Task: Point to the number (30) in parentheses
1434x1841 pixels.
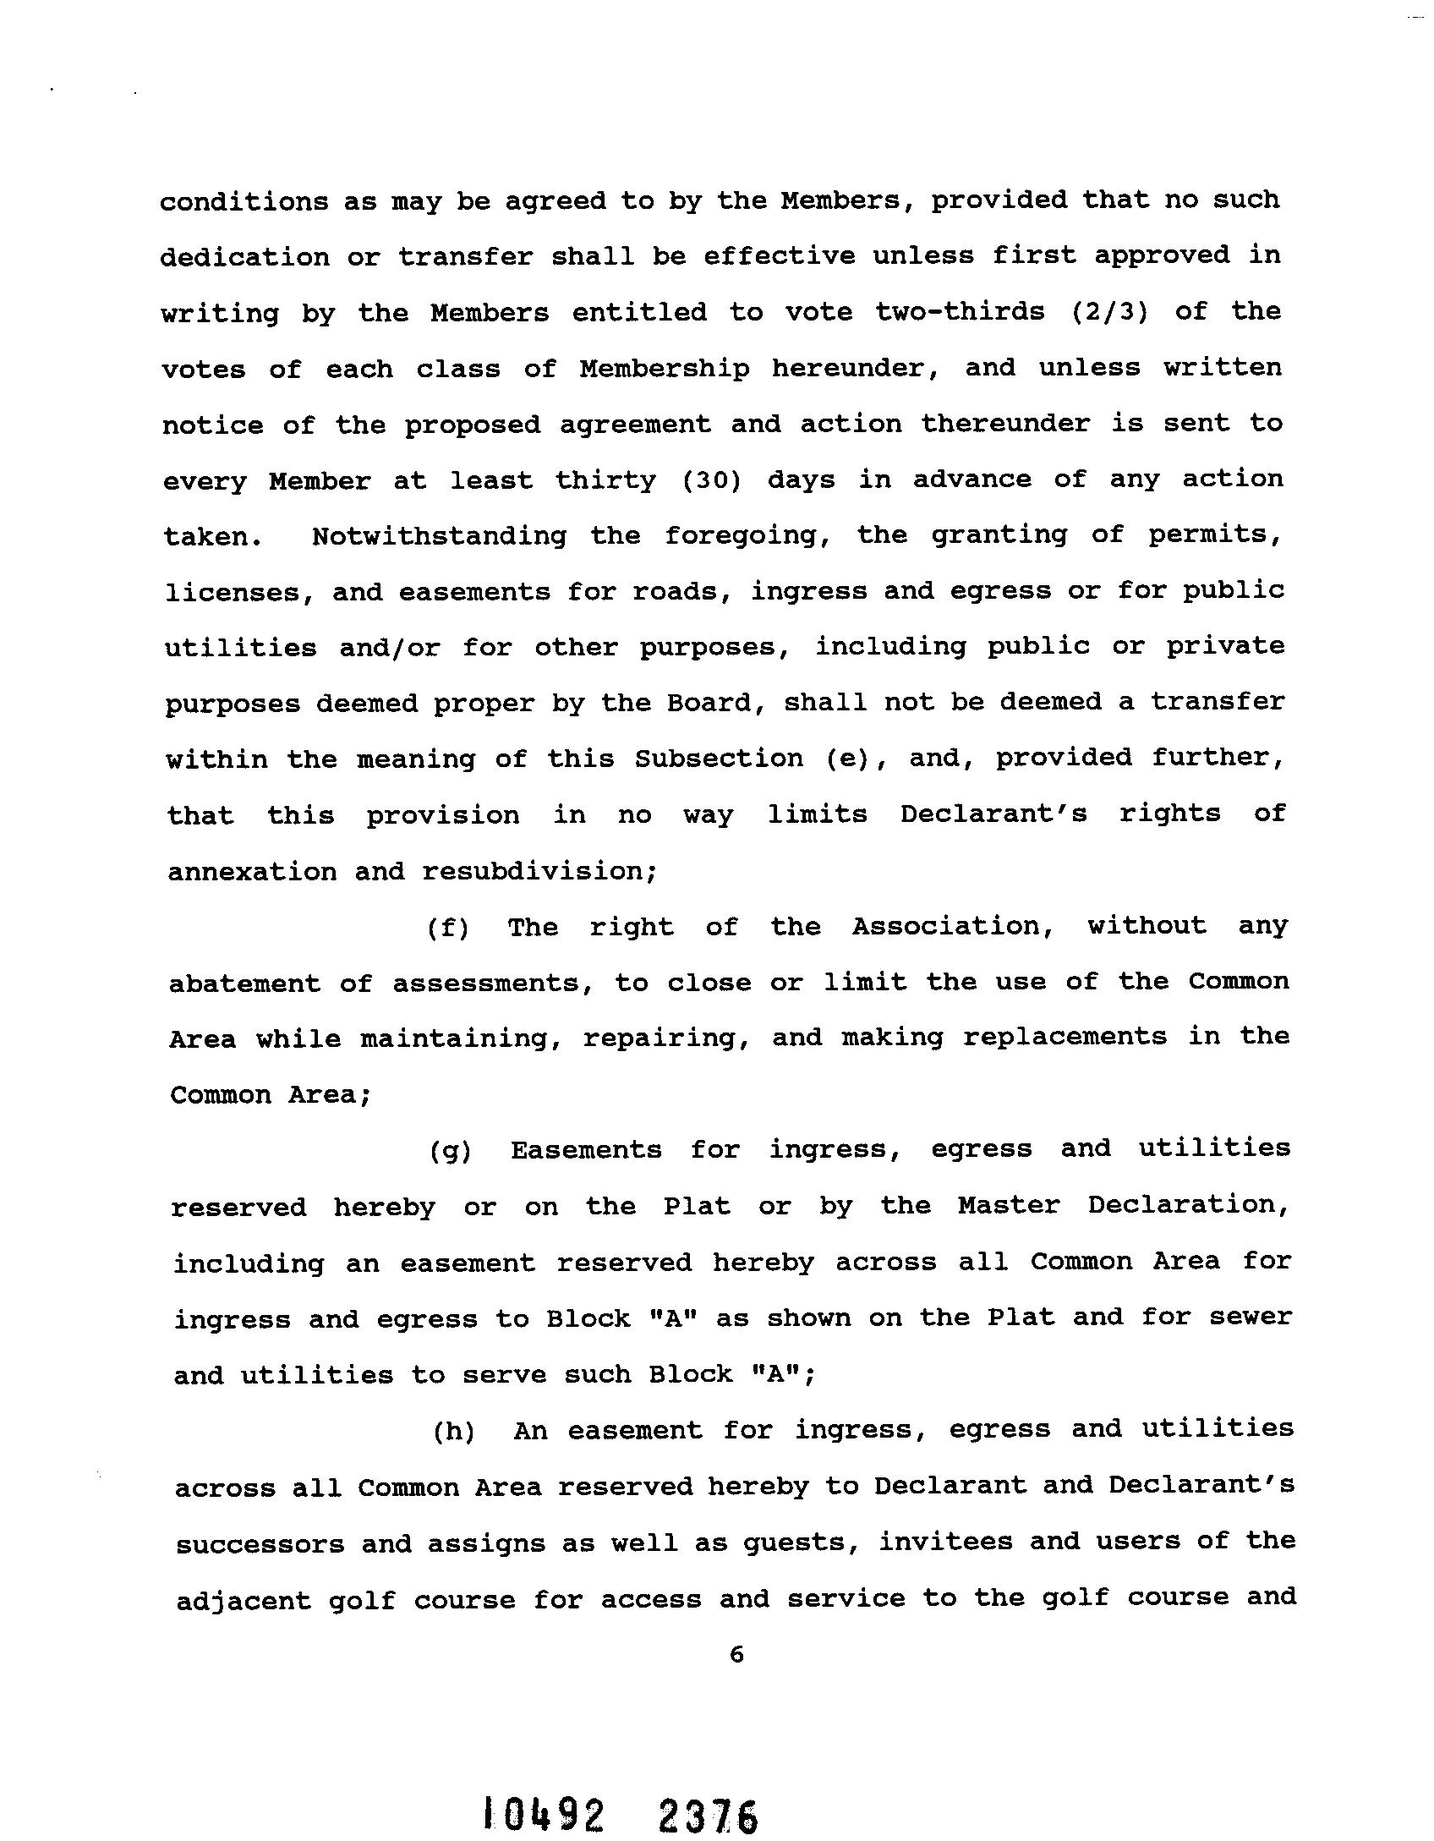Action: click(712, 480)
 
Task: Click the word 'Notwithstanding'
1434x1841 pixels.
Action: click(439, 536)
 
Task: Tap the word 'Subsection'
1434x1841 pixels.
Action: click(719, 759)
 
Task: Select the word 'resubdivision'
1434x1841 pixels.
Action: click(539, 871)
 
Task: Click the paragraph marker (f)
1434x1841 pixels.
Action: click(447, 928)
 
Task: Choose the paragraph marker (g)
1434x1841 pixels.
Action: click(450, 1150)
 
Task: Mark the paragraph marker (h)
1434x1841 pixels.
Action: click(453, 1431)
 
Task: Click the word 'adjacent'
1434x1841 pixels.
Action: click(244, 1600)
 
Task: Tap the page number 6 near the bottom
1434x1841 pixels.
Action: click(736, 1655)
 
